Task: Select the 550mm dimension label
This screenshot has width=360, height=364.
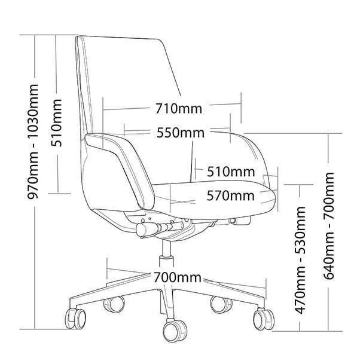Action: click(x=180, y=133)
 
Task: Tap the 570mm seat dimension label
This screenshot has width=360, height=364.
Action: click(x=230, y=195)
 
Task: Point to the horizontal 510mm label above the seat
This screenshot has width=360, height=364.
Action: click(x=231, y=172)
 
